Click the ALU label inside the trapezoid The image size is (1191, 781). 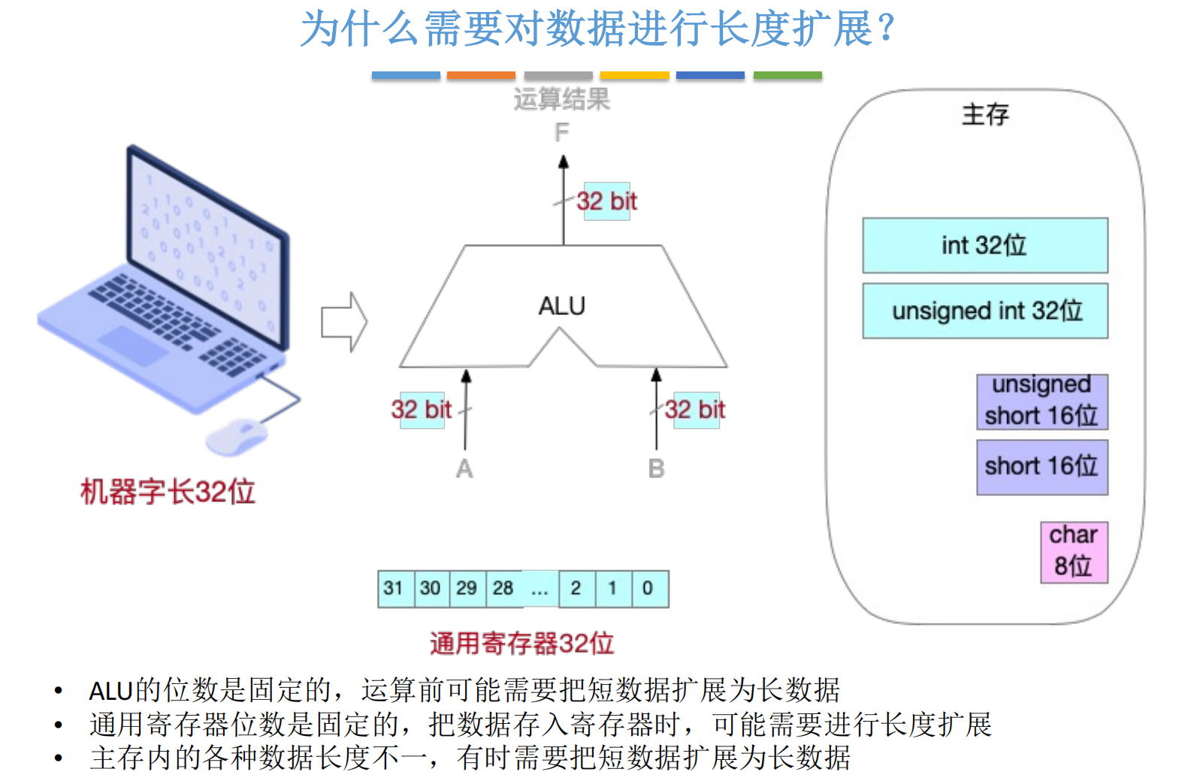(x=561, y=306)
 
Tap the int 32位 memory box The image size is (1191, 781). (x=984, y=245)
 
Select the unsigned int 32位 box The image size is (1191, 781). (x=984, y=310)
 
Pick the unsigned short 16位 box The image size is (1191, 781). (x=1041, y=401)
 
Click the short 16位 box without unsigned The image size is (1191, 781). (x=1041, y=467)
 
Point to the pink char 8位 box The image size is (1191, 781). (x=1074, y=552)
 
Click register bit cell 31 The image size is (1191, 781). (x=394, y=588)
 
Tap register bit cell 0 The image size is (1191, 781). (x=648, y=588)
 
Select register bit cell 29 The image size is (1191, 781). (x=467, y=588)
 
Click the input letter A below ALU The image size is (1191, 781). (x=464, y=469)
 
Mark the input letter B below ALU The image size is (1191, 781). (x=656, y=469)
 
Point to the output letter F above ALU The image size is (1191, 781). (x=561, y=133)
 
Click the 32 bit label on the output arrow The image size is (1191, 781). (x=606, y=201)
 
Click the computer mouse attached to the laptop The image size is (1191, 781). (x=237, y=436)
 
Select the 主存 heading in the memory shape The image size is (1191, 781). (x=984, y=115)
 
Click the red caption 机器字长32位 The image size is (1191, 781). (x=168, y=492)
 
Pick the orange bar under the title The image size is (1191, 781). (x=481, y=75)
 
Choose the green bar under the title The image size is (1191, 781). (x=787, y=75)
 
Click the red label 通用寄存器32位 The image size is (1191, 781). (x=521, y=643)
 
